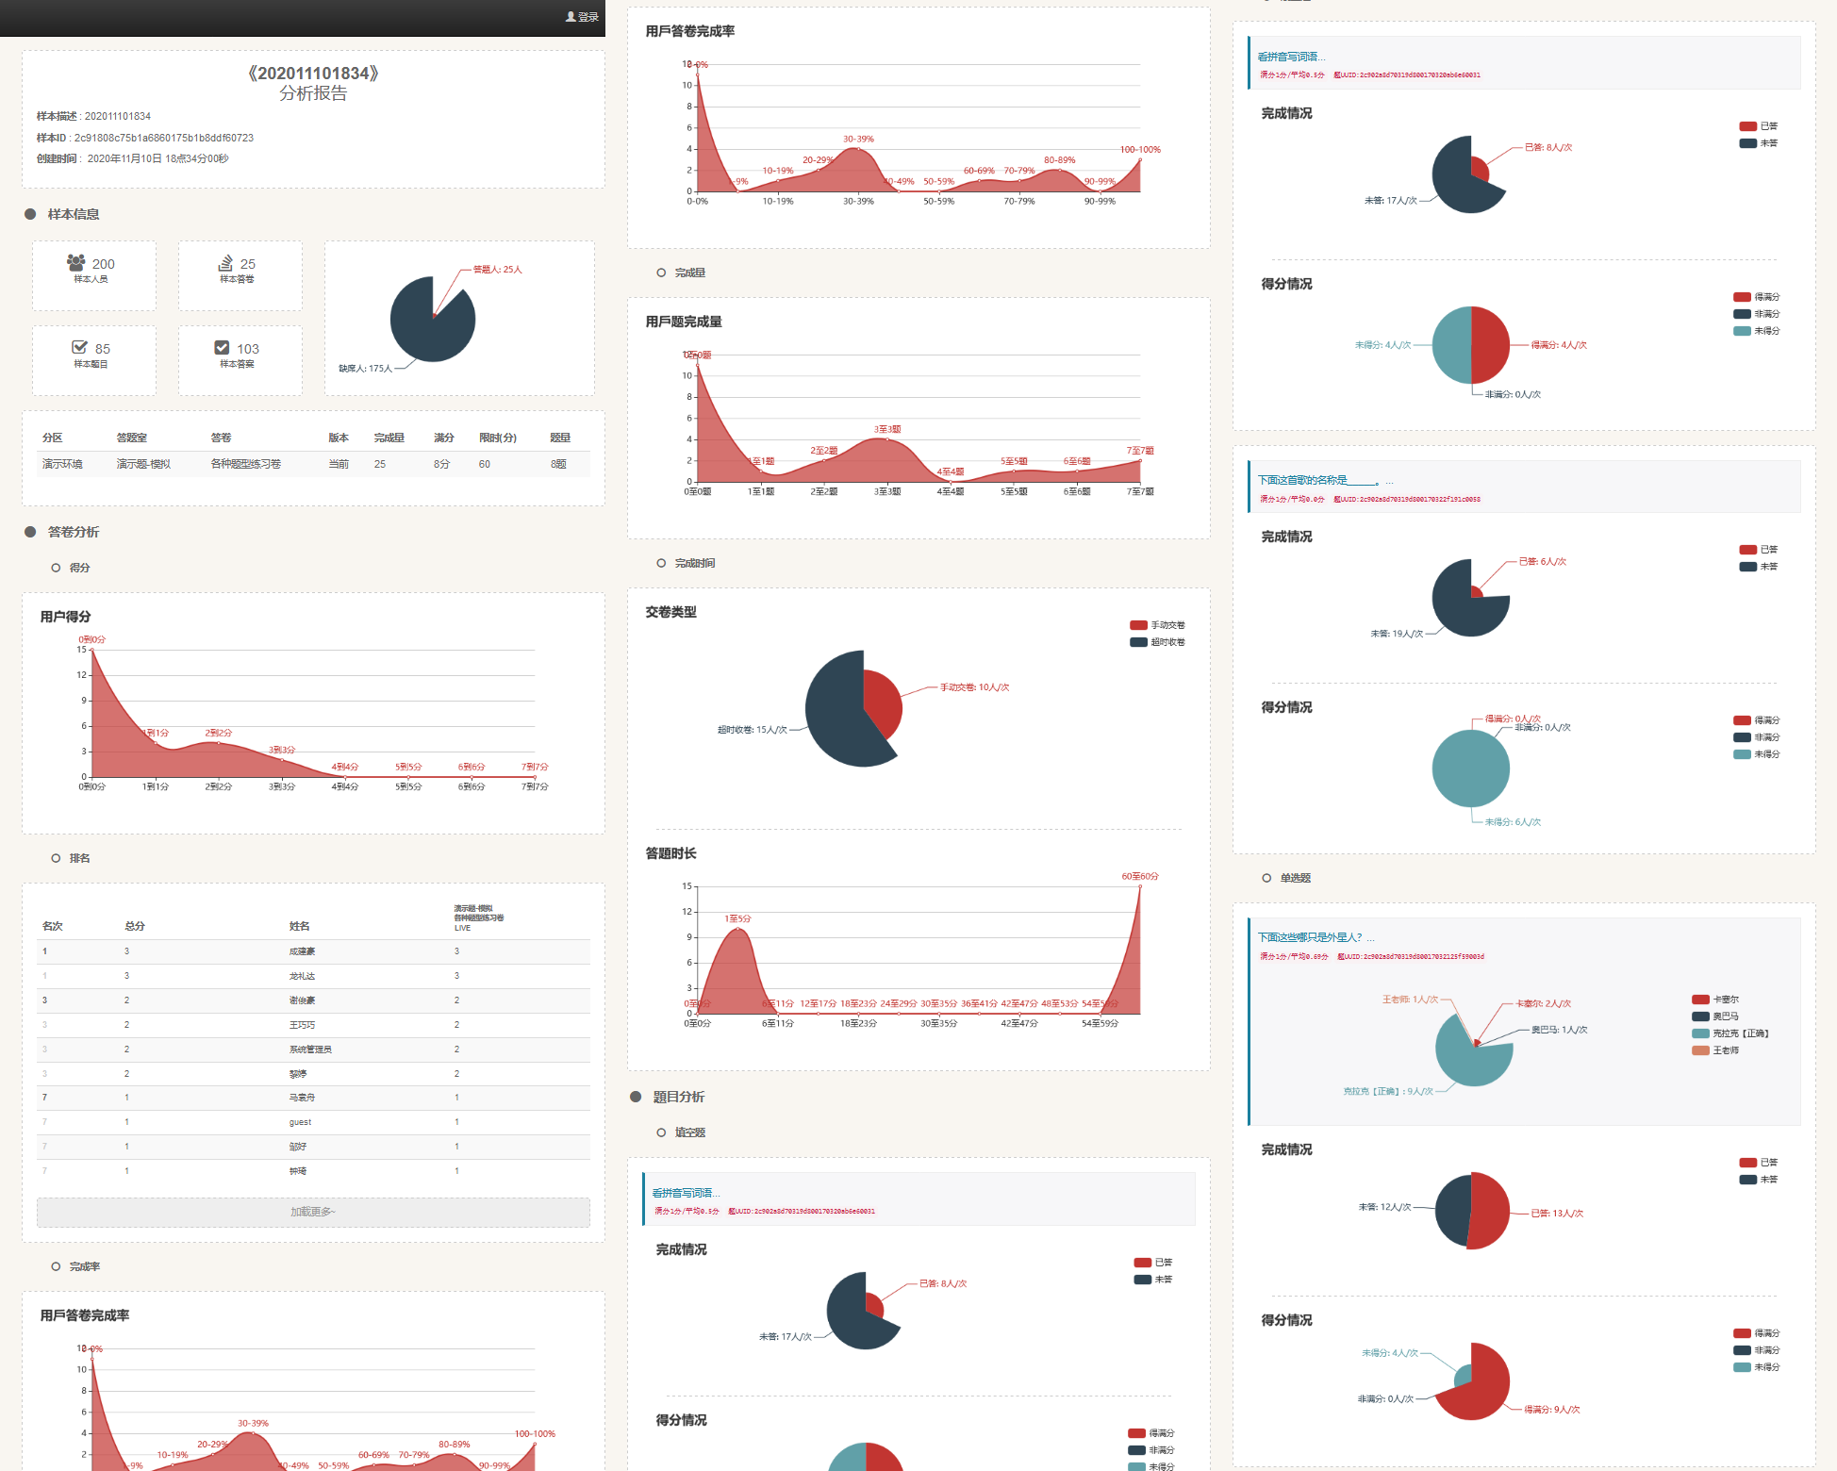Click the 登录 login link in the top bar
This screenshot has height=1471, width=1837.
[583, 17]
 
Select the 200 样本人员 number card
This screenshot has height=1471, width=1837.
[93, 270]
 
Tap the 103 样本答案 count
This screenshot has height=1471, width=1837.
[239, 355]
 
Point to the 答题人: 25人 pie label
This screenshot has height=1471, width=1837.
[497, 270]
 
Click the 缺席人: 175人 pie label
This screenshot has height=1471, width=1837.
[365, 369]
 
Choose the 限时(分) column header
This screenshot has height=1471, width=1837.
[497, 438]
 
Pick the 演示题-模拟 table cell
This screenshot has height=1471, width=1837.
[143, 464]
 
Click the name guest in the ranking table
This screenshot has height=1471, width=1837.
[300, 1122]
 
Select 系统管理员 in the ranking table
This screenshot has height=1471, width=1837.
[310, 1050]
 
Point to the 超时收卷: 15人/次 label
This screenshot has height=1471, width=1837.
[752, 730]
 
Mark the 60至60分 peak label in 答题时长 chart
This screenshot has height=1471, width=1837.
[1139, 877]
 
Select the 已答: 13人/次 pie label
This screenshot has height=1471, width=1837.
[1557, 1214]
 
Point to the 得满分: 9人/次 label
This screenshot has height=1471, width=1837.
[1552, 1410]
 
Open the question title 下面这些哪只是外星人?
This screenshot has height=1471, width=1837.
[1310, 937]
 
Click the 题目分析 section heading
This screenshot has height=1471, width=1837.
[679, 1097]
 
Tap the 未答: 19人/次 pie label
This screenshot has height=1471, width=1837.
[1397, 634]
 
